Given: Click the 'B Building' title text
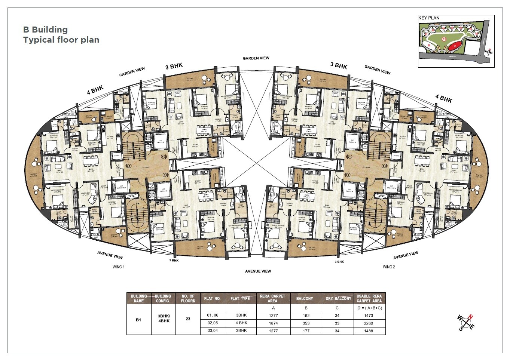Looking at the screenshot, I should [45, 30].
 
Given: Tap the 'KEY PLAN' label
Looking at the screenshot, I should [429, 18].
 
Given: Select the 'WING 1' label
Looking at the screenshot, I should [118, 267].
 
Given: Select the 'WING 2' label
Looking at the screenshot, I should [389, 267].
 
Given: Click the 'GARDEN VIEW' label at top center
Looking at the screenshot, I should [256, 58].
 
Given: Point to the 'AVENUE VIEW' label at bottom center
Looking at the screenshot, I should [258, 271].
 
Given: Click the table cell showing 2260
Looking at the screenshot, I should [369, 323].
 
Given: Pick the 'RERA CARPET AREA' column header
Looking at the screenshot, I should [272, 298].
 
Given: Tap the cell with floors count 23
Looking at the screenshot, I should [188, 319].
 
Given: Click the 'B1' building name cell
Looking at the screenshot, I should [138, 320].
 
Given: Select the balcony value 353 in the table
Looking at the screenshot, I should [305, 323].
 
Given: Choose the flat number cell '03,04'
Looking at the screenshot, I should [212, 331].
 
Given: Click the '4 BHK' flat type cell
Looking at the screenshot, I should [241, 323].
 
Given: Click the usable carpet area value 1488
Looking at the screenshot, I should [369, 331].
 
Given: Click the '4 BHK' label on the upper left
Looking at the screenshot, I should [95, 90].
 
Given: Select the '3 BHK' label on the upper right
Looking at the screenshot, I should [339, 65].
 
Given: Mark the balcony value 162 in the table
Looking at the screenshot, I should [305, 316].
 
